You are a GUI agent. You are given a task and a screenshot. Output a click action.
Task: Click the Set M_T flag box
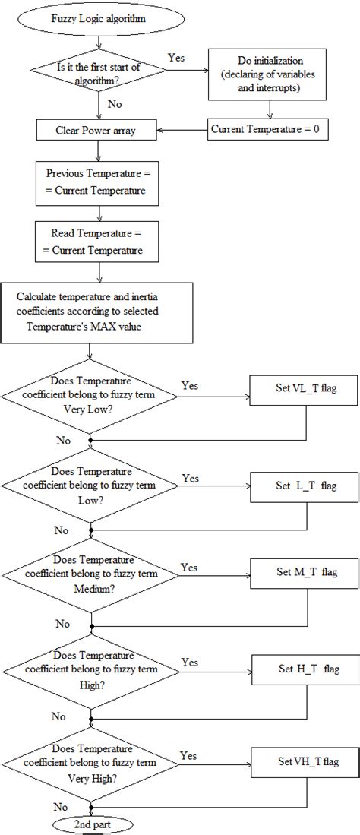(x=305, y=571)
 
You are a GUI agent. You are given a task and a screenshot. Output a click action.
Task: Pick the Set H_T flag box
(x=305, y=669)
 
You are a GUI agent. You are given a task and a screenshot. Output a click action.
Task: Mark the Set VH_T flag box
(x=305, y=758)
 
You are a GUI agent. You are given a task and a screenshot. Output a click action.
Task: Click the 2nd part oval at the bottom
(x=90, y=824)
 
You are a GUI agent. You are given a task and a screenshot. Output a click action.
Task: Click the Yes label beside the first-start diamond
(x=175, y=56)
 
